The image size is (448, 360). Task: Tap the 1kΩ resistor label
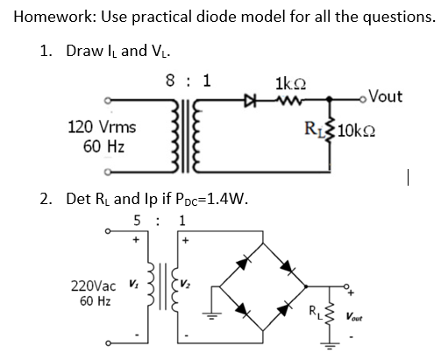pos(288,85)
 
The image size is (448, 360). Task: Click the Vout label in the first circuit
pos(382,96)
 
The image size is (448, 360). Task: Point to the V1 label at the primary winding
pos(133,283)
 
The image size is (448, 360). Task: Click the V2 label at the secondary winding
pos(187,283)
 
